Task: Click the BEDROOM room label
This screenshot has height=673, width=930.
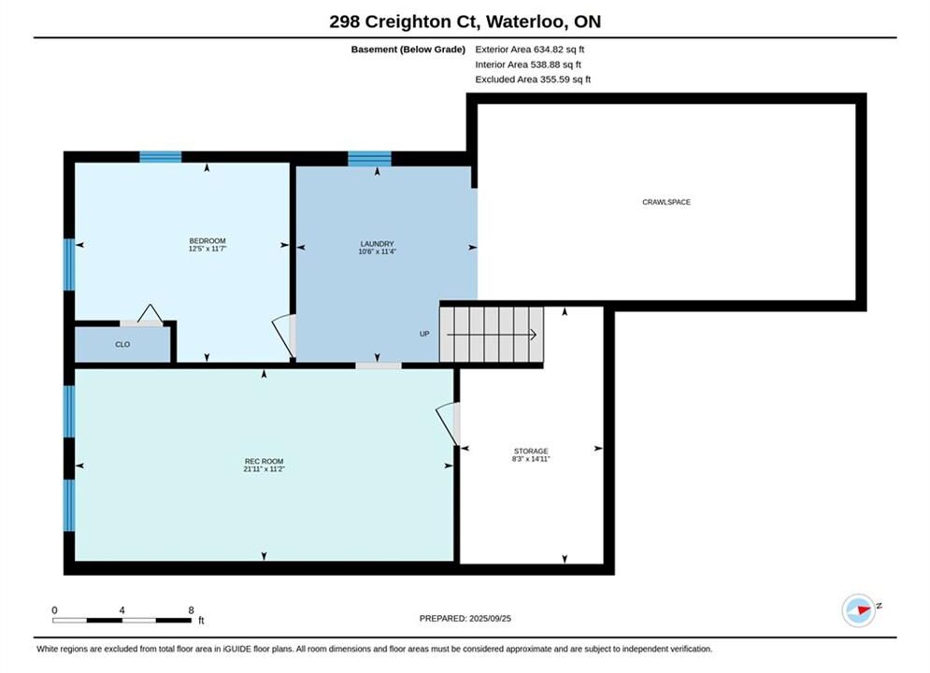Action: click(x=207, y=241)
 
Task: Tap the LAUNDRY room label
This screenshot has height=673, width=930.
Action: click(x=377, y=244)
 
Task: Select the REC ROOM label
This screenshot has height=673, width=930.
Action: click(x=264, y=462)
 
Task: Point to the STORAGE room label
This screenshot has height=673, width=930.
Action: click(x=531, y=451)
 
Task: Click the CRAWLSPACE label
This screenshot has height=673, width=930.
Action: click(x=666, y=202)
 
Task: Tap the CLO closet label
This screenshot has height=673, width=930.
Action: click(x=122, y=345)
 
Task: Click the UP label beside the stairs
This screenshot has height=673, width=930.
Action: click(x=424, y=334)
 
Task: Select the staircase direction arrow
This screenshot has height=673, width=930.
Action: click(x=492, y=335)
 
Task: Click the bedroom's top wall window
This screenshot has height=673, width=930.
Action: click(x=160, y=157)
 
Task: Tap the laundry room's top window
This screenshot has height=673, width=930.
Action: click(x=369, y=159)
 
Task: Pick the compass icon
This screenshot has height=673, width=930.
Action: click(x=859, y=610)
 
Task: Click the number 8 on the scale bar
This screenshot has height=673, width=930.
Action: click(x=191, y=610)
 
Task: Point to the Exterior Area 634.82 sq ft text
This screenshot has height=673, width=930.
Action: click(x=530, y=50)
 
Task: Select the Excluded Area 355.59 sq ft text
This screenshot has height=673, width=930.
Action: click(x=533, y=79)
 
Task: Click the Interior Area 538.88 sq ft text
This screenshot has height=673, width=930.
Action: click(x=528, y=64)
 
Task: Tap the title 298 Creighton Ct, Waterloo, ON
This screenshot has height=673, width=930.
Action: click(x=465, y=21)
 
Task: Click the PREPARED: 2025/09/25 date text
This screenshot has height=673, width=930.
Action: click(x=465, y=619)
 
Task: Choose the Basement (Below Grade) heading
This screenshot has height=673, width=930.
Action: click(x=408, y=50)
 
